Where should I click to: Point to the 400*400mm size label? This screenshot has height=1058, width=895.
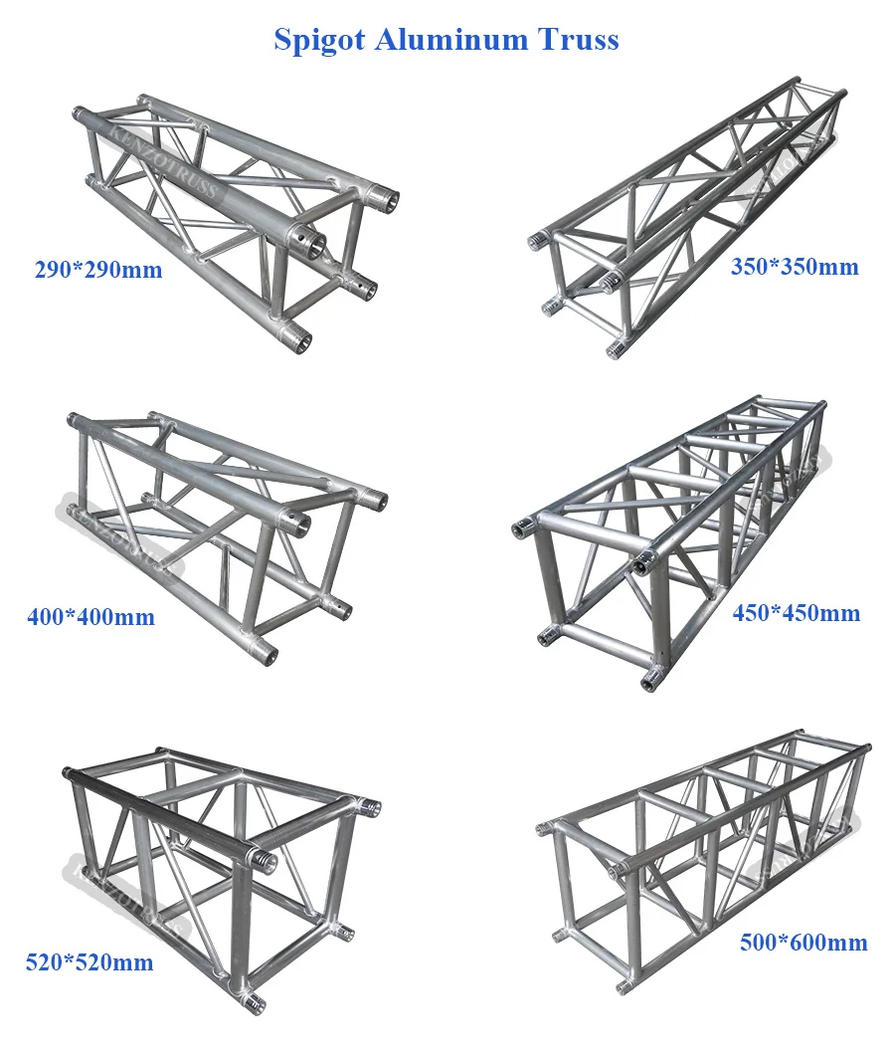[90, 617]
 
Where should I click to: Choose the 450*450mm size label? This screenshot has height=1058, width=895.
[796, 613]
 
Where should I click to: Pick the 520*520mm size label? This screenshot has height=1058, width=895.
[89, 962]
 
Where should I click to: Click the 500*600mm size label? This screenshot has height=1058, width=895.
[804, 942]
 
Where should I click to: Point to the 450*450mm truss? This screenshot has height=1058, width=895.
[666, 537]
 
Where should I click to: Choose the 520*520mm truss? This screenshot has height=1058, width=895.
[214, 876]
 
